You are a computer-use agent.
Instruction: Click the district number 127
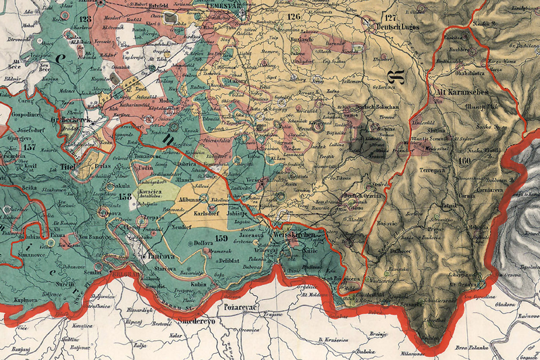(389, 17)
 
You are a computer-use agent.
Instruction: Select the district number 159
(222, 236)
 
